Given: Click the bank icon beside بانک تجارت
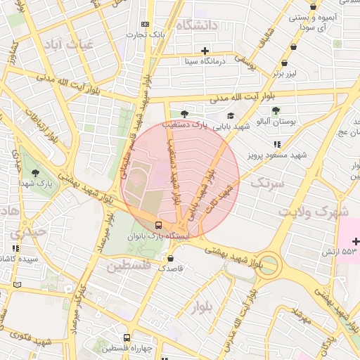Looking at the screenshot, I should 146,24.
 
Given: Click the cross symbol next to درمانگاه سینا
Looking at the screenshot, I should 205,51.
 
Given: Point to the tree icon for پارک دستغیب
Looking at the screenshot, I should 185,114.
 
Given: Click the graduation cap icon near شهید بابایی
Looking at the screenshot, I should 230,116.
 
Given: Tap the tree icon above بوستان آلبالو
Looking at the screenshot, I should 276,110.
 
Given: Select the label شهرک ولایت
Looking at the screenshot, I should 313,211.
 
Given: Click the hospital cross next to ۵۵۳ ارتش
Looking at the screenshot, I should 356,242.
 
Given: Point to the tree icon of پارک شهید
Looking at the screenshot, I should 35,173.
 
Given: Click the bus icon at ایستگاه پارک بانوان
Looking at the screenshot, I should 158,226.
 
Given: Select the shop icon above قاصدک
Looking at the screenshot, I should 171,258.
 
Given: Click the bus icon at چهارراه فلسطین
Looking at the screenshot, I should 127,337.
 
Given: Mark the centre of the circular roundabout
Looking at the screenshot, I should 268,266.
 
